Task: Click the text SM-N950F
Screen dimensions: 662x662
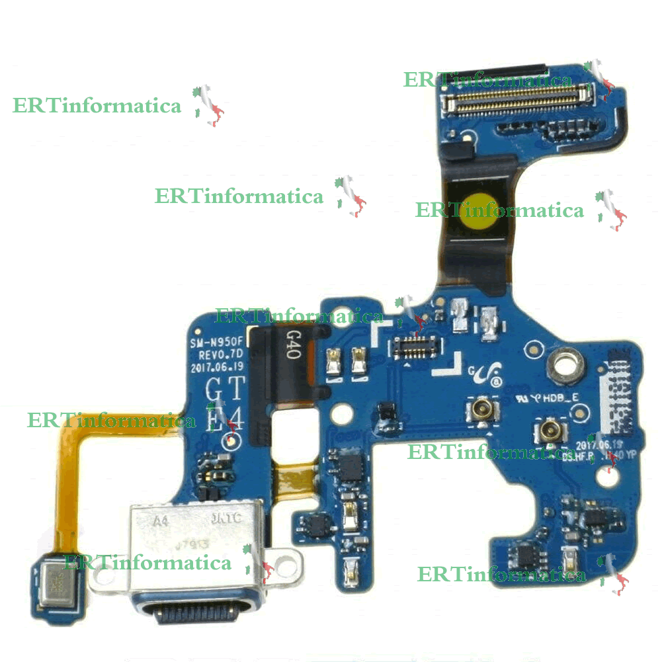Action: pos(216,343)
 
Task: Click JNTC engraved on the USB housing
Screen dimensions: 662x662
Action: pos(225,520)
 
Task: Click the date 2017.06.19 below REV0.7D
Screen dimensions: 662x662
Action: pos(218,368)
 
